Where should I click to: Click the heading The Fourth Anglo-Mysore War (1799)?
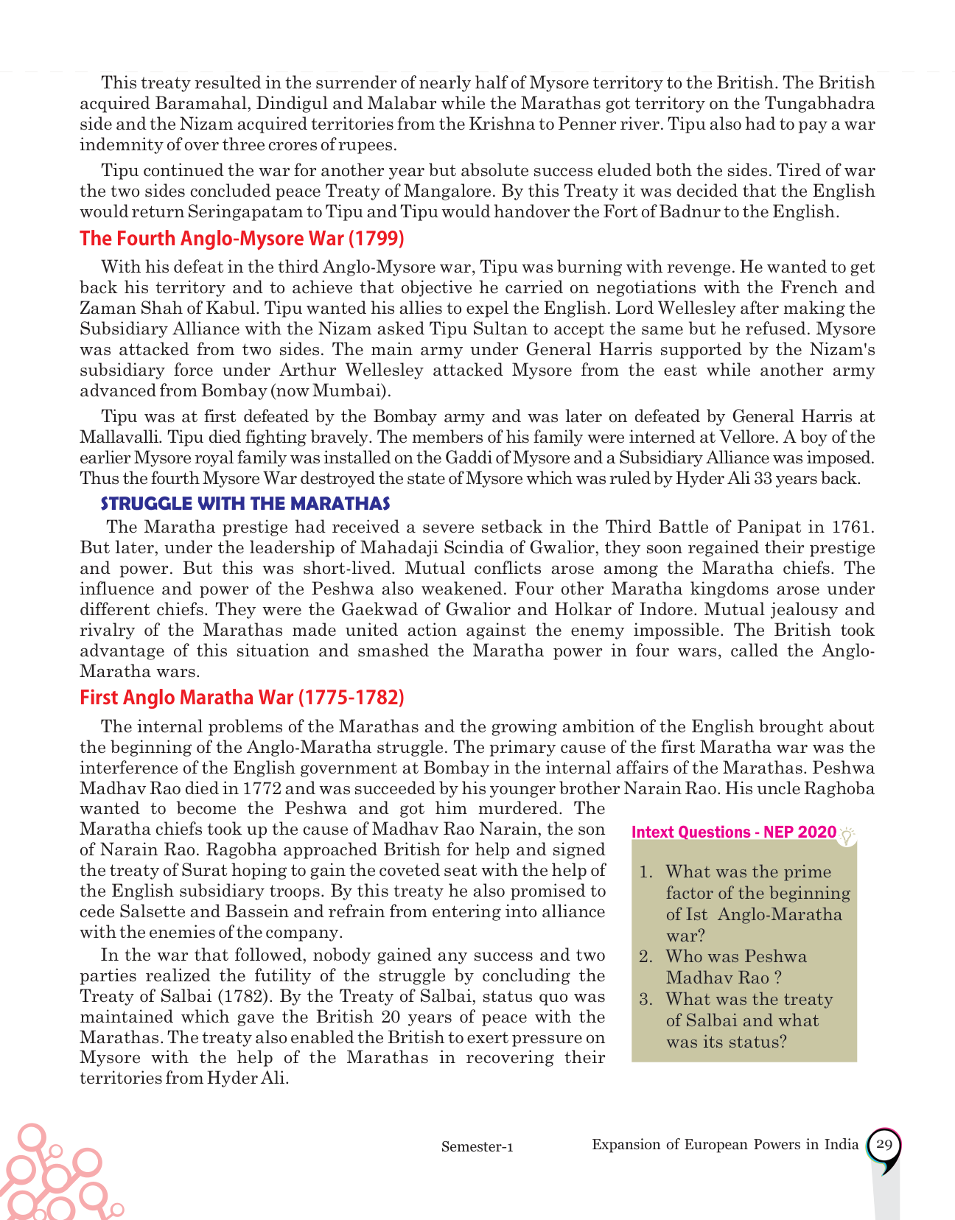point(242,239)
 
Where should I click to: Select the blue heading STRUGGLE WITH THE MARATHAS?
point(245,504)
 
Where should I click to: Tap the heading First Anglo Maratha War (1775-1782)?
point(242,698)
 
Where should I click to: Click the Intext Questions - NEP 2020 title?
point(734,832)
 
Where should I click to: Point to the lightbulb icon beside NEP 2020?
point(848,835)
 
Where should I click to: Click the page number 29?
point(884,1145)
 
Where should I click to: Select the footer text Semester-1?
point(477,1147)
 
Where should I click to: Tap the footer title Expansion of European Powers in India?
point(725,1145)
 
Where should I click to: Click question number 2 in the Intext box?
point(646,957)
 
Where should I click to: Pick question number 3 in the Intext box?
point(646,1000)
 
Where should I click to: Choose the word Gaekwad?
point(378,610)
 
